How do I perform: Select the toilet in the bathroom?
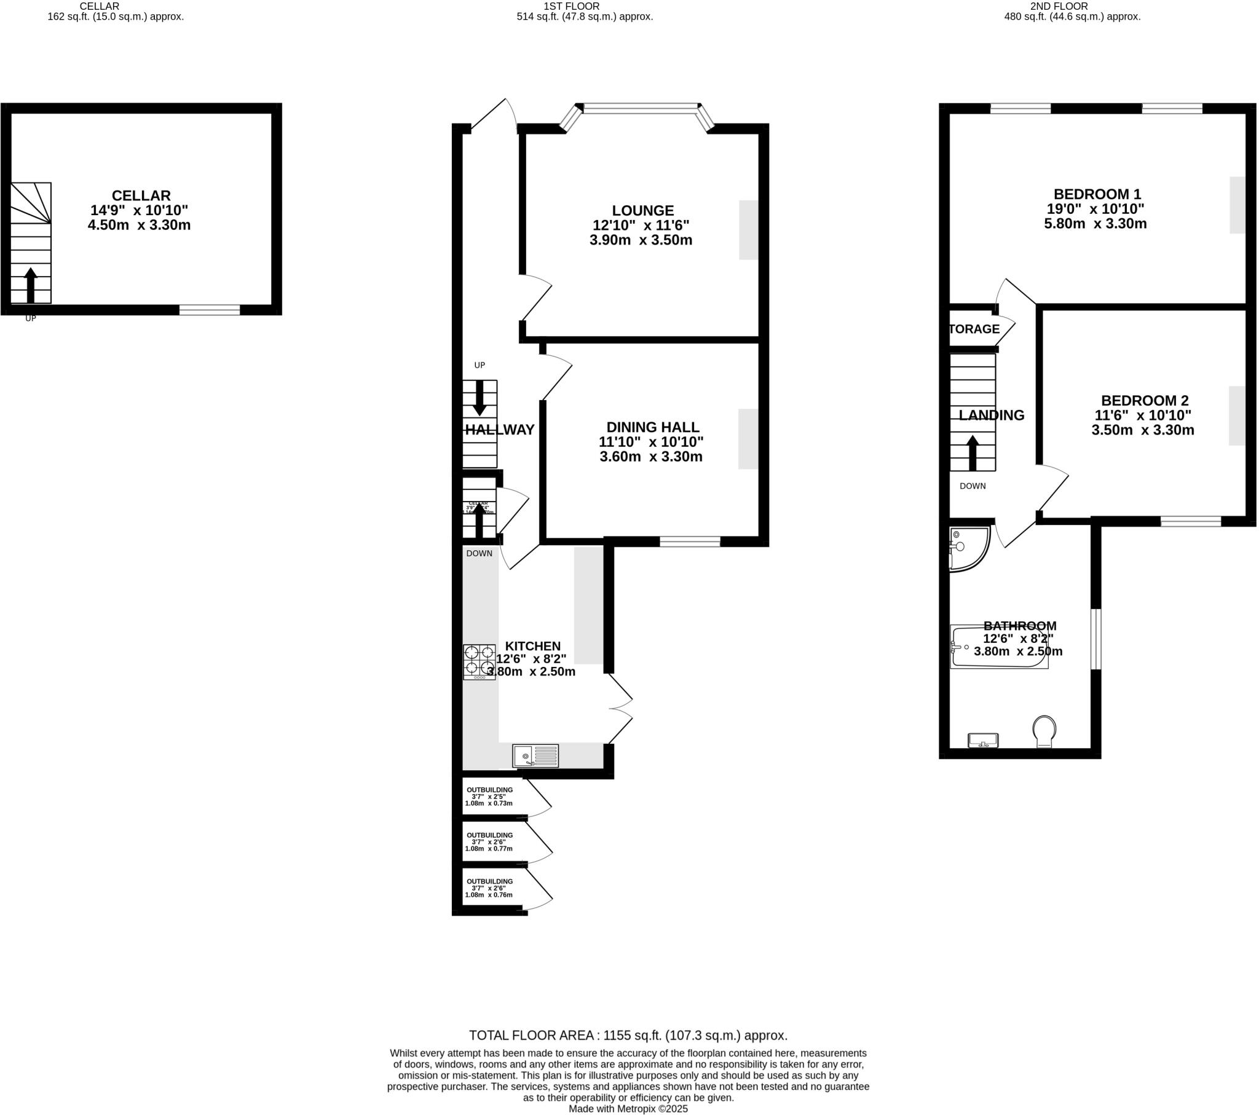point(1044,731)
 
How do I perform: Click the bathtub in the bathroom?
point(998,647)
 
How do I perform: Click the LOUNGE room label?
point(642,211)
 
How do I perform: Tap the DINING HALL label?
point(652,427)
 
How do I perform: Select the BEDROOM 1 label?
point(1097,194)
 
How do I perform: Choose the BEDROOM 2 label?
point(1145,400)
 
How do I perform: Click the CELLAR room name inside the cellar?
point(141,196)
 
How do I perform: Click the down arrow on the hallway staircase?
point(480,398)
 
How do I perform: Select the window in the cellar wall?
point(210,310)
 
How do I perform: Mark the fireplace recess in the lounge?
point(748,230)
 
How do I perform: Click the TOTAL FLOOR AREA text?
point(628,1036)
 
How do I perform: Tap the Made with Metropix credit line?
point(628,1109)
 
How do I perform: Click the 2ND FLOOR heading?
point(1072,6)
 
